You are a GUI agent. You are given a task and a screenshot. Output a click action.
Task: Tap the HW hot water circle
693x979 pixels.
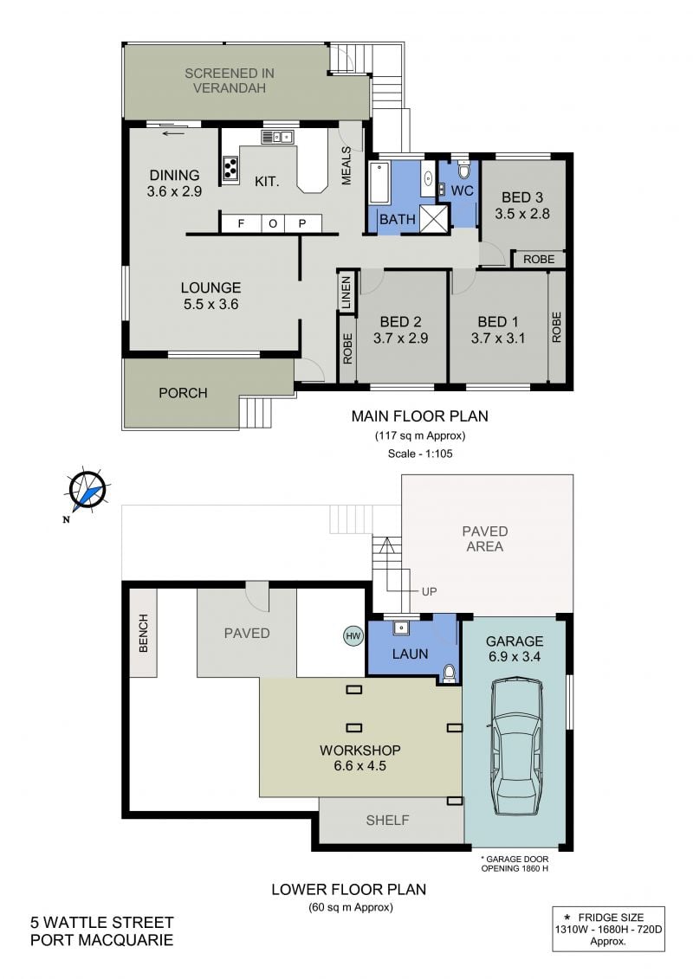click(353, 636)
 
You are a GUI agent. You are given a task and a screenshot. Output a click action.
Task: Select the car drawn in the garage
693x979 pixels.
click(517, 747)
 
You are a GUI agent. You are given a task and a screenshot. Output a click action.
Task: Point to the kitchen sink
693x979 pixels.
click(277, 137)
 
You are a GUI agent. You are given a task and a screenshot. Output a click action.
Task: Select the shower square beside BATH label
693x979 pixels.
click(434, 217)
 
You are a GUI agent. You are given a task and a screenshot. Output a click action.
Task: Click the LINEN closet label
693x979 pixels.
click(346, 293)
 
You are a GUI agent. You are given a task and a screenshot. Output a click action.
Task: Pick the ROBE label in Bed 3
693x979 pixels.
click(539, 259)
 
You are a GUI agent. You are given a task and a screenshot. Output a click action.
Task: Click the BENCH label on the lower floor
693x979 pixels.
click(143, 633)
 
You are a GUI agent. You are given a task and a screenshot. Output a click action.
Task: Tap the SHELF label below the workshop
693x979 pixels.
click(387, 820)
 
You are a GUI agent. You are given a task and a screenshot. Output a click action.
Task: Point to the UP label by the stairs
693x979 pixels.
click(429, 591)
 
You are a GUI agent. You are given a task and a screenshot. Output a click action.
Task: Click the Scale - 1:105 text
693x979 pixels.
click(420, 454)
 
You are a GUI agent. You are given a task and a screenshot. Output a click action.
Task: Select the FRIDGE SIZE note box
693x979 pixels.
click(608, 929)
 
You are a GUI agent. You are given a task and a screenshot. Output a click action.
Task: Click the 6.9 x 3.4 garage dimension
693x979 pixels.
click(514, 656)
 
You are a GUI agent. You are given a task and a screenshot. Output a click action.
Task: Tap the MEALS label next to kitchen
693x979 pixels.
click(346, 166)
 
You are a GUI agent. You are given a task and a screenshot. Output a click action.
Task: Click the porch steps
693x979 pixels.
click(256, 412)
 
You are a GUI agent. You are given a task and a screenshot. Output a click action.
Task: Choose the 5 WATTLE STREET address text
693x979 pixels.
click(102, 922)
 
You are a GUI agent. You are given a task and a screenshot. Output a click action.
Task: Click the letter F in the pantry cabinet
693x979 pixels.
click(241, 223)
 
